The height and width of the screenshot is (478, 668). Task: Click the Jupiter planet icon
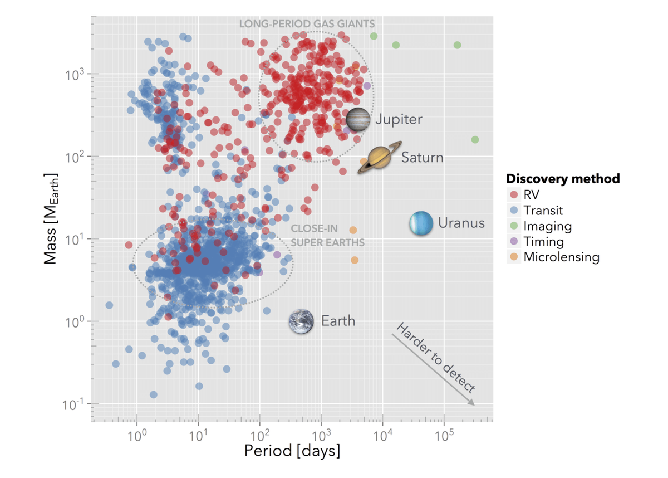click(358, 119)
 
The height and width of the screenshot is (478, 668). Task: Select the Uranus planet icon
click(421, 223)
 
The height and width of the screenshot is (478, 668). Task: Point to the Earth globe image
click(301, 321)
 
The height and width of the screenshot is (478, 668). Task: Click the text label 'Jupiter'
click(398, 119)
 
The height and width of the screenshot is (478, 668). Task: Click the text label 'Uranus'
click(461, 223)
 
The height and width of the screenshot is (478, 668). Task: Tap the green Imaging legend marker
click(514, 226)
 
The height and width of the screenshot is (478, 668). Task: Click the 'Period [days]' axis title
click(292, 451)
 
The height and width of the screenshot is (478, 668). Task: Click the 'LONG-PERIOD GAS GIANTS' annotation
click(307, 24)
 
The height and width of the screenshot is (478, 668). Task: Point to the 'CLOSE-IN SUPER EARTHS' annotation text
click(328, 236)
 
